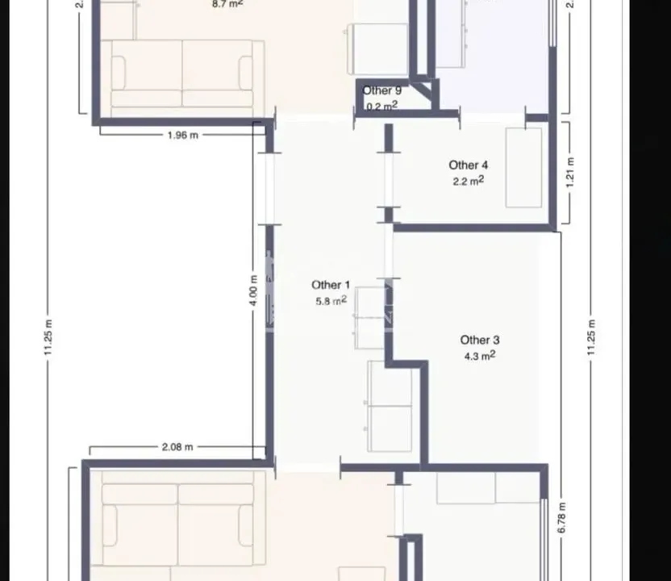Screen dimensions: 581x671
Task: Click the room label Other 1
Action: [x=331, y=285]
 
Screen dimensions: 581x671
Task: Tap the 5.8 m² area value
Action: [x=331, y=300]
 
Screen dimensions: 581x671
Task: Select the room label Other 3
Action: [x=479, y=341]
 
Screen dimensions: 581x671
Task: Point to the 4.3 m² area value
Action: [x=479, y=356]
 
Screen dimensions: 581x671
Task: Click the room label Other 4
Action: [x=469, y=165]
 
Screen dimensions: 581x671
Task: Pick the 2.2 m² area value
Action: [x=469, y=182]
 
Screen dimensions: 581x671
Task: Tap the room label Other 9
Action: [x=381, y=91]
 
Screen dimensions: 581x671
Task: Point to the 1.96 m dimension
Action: [x=182, y=136]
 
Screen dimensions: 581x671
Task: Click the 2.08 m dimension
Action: [x=177, y=446]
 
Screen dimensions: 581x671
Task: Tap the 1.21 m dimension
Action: [x=570, y=172]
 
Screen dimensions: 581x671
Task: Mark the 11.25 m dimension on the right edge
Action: [x=593, y=335]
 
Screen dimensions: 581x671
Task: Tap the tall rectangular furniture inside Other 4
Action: [x=523, y=167]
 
